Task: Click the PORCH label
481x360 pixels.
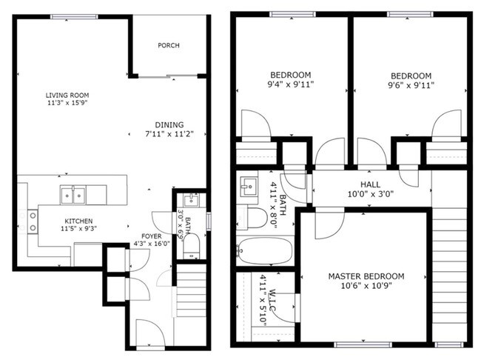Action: pyautogui.click(x=169, y=45)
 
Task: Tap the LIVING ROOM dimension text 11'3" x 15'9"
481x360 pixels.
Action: pyautogui.click(x=67, y=103)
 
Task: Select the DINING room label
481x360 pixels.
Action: pyautogui.click(x=169, y=125)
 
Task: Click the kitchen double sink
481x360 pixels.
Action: pyautogui.click(x=73, y=195)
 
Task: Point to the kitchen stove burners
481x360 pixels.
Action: pyautogui.click(x=33, y=221)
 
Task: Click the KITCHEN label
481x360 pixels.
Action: pyautogui.click(x=78, y=221)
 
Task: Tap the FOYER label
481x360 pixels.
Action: pyautogui.click(x=152, y=236)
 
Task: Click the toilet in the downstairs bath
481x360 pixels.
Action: pyautogui.click(x=192, y=247)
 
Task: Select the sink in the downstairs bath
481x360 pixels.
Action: pyautogui.click(x=192, y=201)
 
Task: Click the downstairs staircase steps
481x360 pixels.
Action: pyautogui.click(x=192, y=290)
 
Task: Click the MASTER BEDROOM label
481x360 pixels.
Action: pyautogui.click(x=366, y=276)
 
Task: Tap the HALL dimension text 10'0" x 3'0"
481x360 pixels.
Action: pyautogui.click(x=371, y=194)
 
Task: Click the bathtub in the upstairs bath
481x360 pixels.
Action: pyautogui.click(x=266, y=250)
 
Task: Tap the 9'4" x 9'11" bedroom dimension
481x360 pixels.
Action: pyautogui.click(x=291, y=84)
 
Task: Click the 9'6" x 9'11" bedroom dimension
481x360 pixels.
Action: pyautogui.click(x=411, y=85)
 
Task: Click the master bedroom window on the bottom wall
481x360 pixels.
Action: pyautogui.click(x=363, y=344)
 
